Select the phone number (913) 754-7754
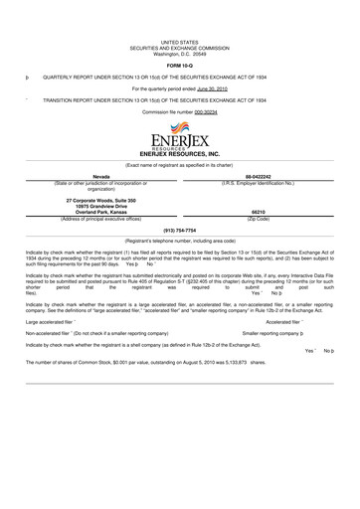point(179,230)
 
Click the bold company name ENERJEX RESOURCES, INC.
point(179,156)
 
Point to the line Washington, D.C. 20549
point(180,53)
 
